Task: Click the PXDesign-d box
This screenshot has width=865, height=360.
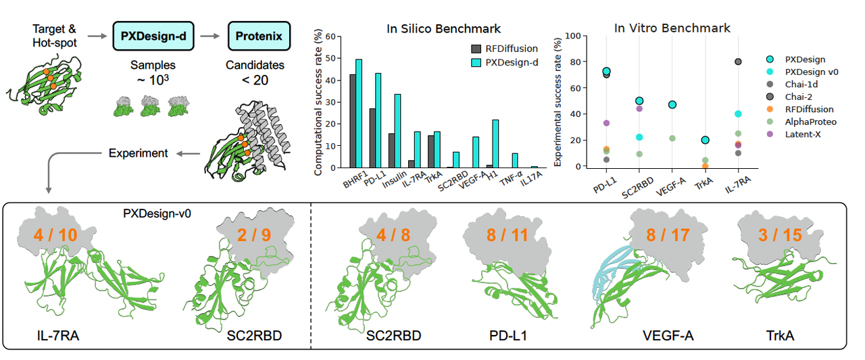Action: pyautogui.click(x=153, y=35)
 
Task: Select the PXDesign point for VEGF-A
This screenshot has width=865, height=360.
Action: pyautogui.click(x=672, y=105)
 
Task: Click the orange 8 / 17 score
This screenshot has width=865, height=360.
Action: pyautogui.click(x=659, y=236)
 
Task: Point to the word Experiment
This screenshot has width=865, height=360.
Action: pyautogui.click(x=138, y=153)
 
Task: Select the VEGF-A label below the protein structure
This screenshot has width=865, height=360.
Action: pyautogui.click(x=669, y=334)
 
